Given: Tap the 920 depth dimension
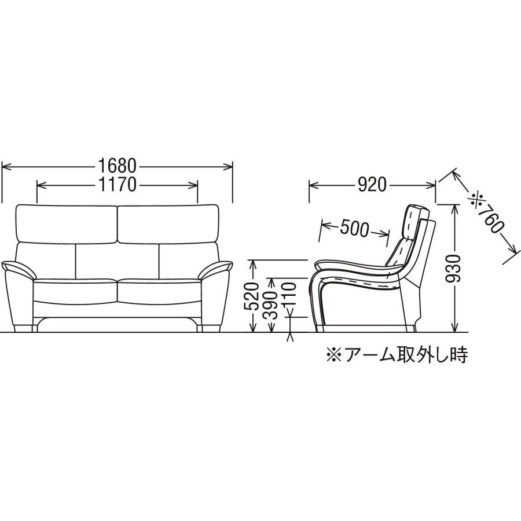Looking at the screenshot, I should coord(372,185).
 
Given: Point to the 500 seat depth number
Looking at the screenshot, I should coord(354,229).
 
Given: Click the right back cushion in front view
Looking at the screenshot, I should coord(168,223).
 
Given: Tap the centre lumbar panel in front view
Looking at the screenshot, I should coord(118,260).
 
